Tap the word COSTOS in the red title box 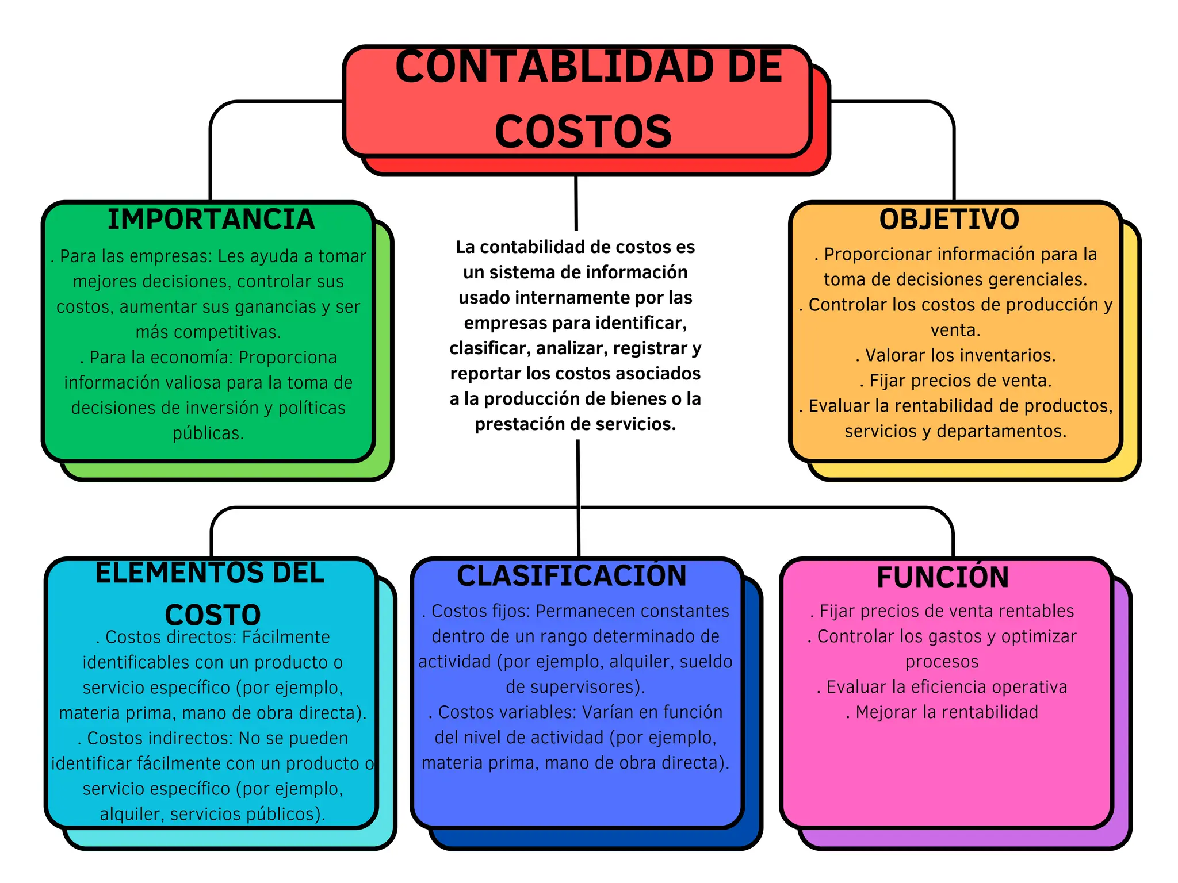[x=583, y=132]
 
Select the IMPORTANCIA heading [x=211, y=220]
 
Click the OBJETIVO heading [x=949, y=220]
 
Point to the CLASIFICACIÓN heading [x=572, y=576]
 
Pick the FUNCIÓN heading [x=943, y=578]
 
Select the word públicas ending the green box [x=208, y=433]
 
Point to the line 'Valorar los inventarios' [x=955, y=355]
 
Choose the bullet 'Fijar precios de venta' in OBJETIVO [x=955, y=381]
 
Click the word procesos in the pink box [x=942, y=662]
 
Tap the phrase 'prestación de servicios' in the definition [x=575, y=424]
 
